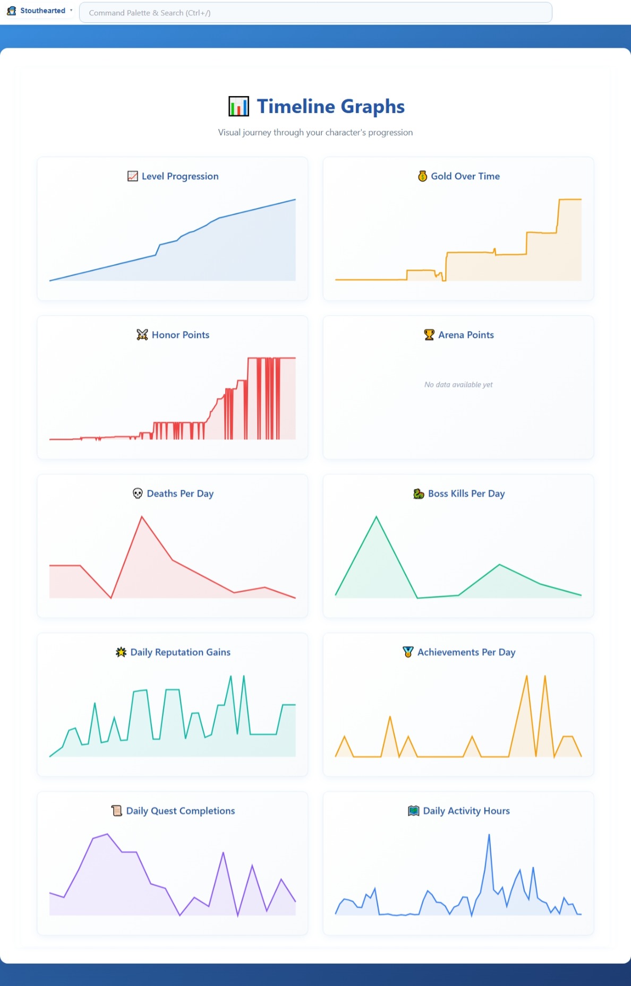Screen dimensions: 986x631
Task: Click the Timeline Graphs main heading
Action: pos(330,107)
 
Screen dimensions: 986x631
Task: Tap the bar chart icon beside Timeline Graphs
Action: pos(238,107)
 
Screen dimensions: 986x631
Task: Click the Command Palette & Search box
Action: pos(315,13)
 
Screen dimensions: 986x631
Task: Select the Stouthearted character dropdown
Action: pos(40,11)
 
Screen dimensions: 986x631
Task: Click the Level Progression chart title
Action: pos(180,176)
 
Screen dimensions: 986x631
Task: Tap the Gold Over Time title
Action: pos(465,176)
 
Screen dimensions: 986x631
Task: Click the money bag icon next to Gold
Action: pos(422,176)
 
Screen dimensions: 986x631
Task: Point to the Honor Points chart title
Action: pos(180,335)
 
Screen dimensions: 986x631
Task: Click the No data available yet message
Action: pos(458,385)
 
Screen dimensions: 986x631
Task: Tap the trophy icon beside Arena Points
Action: pos(429,335)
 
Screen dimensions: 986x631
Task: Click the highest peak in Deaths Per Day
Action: pos(142,516)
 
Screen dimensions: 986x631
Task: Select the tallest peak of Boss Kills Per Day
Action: pos(376,516)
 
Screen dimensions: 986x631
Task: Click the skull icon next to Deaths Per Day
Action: pos(138,494)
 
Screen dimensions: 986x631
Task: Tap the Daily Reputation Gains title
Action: pos(180,652)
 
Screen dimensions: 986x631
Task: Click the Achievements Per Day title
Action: pos(466,652)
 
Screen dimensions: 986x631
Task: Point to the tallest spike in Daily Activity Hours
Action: pos(489,835)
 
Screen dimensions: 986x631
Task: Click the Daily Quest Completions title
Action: pos(180,811)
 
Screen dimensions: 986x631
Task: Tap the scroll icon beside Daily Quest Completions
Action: pos(117,811)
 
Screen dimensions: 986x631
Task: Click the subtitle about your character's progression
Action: pos(315,133)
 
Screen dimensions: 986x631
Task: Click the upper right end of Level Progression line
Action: pos(295,200)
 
